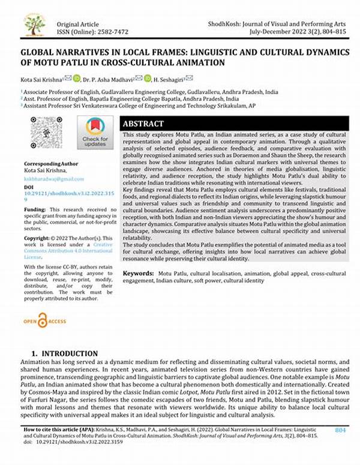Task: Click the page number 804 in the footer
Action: point(340,447)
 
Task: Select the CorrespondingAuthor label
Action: point(51,164)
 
